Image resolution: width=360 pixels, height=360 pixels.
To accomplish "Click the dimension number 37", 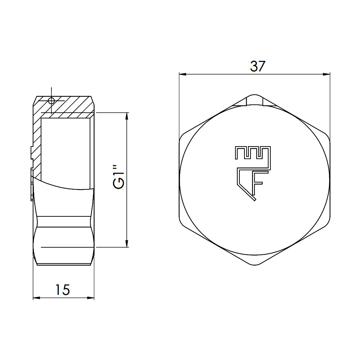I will tap(257, 66).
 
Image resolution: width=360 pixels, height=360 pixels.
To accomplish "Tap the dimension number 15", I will tap(62, 289).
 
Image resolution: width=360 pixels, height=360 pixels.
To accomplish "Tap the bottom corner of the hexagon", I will tap(255, 265).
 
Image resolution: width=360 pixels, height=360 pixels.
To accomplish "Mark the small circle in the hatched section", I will tap(51, 100).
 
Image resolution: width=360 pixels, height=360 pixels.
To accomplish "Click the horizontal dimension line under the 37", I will tap(223, 75).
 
